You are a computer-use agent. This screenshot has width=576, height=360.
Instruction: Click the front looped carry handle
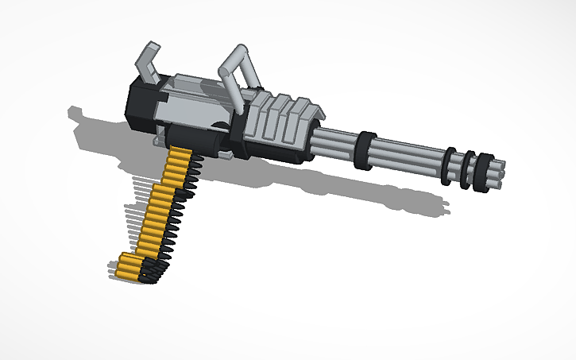238,68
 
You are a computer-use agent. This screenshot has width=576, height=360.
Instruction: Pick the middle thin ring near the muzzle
468,168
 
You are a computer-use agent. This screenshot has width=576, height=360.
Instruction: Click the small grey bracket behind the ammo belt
159,141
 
